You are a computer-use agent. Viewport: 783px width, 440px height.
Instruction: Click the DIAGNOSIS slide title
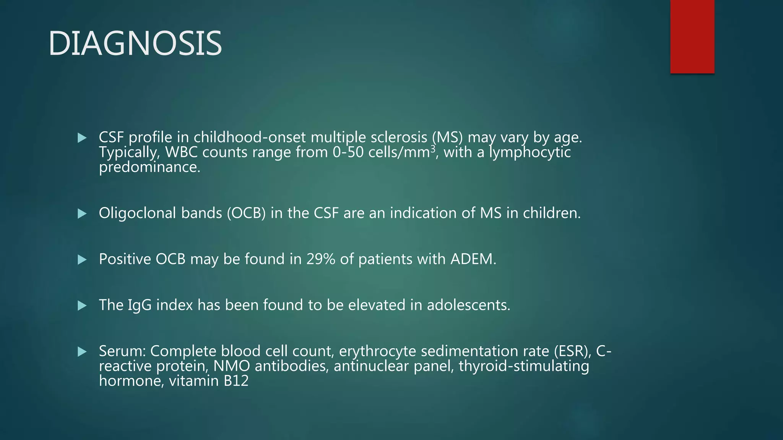(x=135, y=44)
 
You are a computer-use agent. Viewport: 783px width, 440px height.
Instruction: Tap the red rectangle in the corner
(x=692, y=37)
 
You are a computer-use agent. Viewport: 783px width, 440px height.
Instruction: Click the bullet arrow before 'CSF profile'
(x=82, y=138)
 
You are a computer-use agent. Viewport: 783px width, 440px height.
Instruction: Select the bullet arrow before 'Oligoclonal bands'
(x=82, y=214)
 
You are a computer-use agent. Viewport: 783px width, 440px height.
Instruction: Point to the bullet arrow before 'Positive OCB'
(x=82, y=260)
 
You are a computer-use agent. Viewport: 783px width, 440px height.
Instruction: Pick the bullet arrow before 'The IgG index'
(x=82, y=306)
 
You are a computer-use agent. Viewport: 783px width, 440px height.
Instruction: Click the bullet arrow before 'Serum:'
(x=82, y=351)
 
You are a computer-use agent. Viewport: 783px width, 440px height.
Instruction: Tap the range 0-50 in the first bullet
(x=348, y=152)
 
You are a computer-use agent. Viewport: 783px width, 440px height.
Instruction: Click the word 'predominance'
(x=148, y=167)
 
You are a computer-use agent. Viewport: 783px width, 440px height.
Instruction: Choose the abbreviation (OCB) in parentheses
(x=246, y=213)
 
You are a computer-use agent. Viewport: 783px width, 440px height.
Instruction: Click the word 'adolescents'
(x=468, y=305)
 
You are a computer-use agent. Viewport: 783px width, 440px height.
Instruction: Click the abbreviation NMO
(x=231, y=366)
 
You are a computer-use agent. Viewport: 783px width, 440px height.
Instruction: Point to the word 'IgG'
(x=140, y=306)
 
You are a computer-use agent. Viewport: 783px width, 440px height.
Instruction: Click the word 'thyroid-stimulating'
(x=524, y=366)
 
